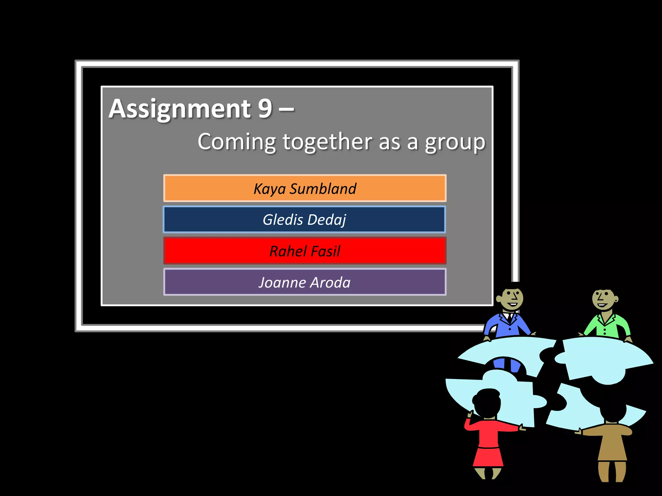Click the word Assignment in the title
point(180,109)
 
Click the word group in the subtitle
point(455,142)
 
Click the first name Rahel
point(288,251)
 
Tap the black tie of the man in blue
point(509,318)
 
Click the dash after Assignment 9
point(286,109)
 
